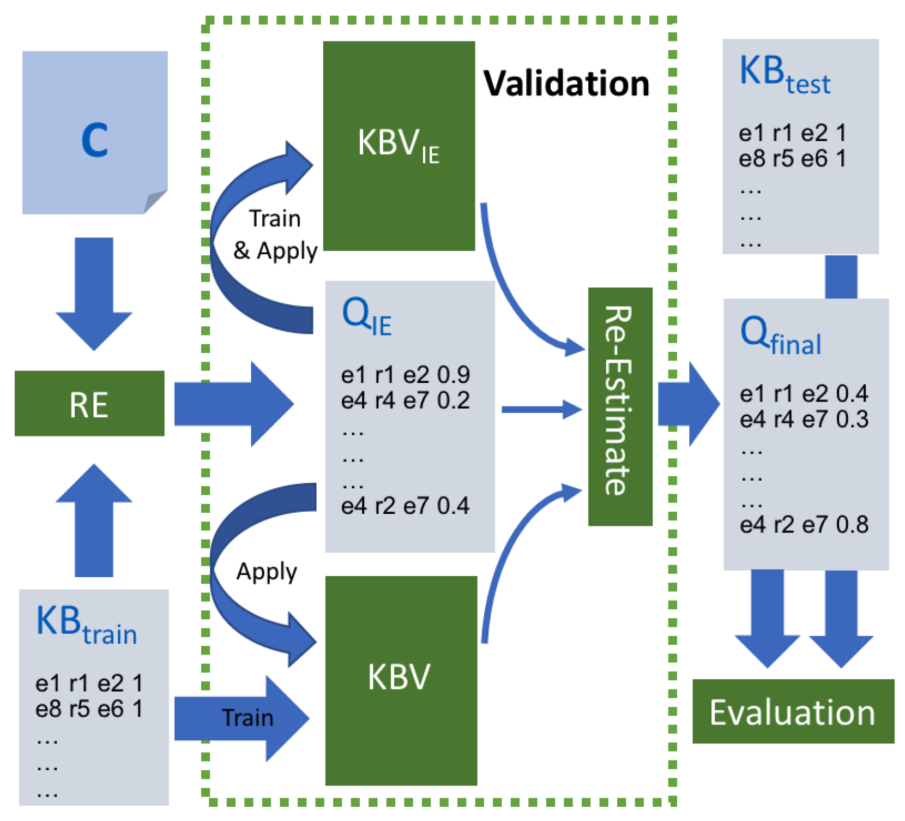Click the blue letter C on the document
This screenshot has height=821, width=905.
click(94, 140)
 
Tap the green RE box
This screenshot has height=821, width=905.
click(89, 404)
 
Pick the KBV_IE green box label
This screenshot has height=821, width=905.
click(399, 145)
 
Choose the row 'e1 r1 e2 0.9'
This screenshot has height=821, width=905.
click(405, 375)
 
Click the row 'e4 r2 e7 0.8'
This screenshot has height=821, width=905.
click(804, 524)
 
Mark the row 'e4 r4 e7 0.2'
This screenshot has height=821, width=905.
click(405, 400)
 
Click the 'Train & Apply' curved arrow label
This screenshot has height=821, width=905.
click(275, 235)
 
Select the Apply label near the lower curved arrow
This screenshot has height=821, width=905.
click(267, 571)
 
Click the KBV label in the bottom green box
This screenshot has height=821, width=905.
click(399, 677)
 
